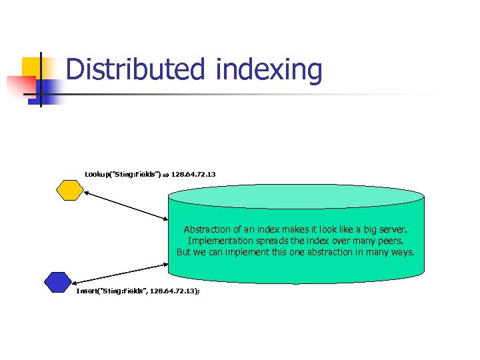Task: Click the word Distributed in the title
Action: (137, 70)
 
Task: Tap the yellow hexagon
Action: (69, 190)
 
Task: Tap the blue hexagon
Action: (58, 282)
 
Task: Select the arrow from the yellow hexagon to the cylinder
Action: (126, 205)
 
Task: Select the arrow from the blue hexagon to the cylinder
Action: (119, 273)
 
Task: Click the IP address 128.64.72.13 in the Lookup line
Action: (193, 174)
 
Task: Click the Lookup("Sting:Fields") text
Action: (123, 174)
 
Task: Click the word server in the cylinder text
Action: (391, 229)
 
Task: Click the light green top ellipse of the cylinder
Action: (296, 195)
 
